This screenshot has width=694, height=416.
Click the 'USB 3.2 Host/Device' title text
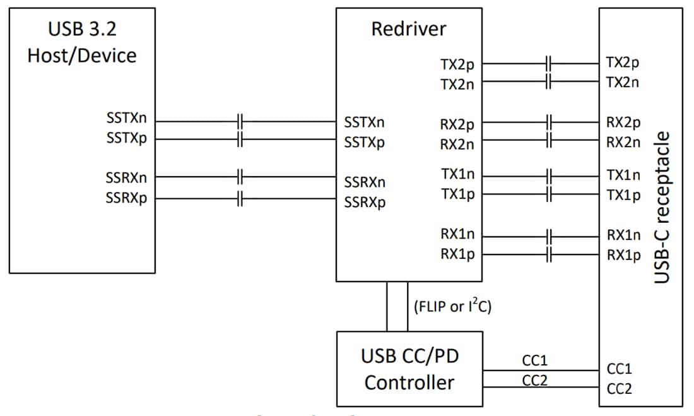82,43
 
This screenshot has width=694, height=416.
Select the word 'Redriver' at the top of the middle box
408,29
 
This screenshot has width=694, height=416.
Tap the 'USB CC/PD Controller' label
409,369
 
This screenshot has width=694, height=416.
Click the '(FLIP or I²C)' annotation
452,307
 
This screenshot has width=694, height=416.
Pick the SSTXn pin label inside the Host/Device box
126,118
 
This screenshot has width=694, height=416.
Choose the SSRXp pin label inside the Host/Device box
126,198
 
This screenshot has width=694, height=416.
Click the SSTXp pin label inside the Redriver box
365,142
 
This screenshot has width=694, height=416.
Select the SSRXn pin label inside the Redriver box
365,182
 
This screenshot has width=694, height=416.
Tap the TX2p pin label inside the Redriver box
457,64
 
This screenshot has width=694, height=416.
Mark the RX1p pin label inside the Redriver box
457,255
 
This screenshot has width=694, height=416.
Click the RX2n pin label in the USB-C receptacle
623,142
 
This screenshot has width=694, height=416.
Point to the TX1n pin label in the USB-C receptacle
623,175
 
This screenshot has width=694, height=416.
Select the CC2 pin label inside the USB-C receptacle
619,389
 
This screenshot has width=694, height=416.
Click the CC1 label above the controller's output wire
534,360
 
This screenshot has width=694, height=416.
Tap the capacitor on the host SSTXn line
240,121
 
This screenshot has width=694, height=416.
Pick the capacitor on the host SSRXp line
240,199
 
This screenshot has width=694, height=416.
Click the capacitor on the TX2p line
549,64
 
